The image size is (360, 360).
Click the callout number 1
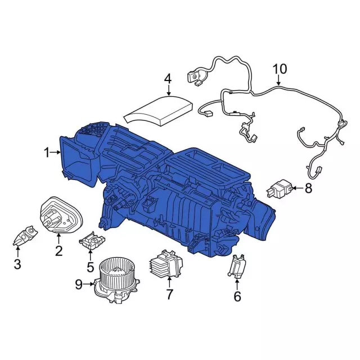[47, 152]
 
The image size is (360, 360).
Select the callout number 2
[58, 251]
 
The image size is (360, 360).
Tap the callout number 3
[17, 264]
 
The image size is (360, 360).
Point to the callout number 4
[168, 79]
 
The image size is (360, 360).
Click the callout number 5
[90, 267]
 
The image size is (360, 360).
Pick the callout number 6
[237, 296]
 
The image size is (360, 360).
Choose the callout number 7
[169, 294]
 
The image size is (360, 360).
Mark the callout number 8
[308, 188]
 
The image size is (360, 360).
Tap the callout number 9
[79, 285]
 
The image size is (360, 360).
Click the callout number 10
[280, 69]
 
